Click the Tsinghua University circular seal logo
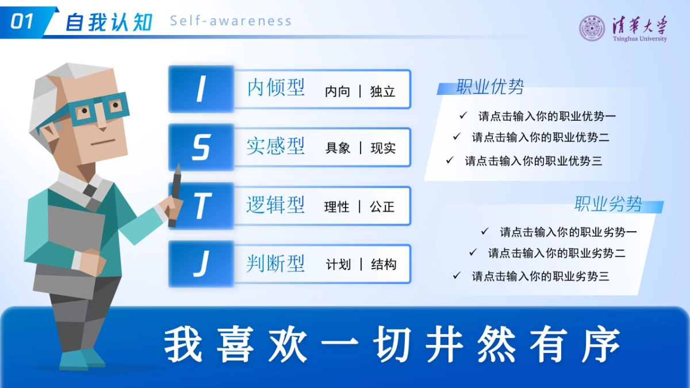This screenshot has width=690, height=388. pyautogui.click(x=592, y=28)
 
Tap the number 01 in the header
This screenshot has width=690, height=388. pyautogui.click(x=22, y=22)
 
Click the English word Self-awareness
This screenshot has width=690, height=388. pyautogui.click(x=231, y=21)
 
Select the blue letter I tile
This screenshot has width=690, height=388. pyautogui.click(x=201, y=89)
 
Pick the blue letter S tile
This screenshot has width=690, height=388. pyautogui.click(x=201, y=147)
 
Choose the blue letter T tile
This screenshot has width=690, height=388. pyautogui.click(x=201, y=206)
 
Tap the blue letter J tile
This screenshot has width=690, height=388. pyautogui.click(x=201, y=264)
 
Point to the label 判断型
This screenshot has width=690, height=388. pyautogui.click(x=275, y=264)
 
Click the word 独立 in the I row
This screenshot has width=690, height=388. pyautogui.click(x=383, y=91)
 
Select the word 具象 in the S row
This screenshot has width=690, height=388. pyautogui.click(x=338, y=148)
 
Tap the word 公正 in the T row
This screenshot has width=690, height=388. pyautogui.click(x=382, y=207)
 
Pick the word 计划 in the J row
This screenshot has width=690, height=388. pyautogui.click(x=338, y=265)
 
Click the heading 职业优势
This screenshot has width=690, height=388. pyautogui.click(x=490, y=87)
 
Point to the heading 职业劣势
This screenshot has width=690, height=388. pyautogui.click(x=608, y=204)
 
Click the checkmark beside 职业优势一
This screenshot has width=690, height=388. pyautogui.click(x=463, y=116)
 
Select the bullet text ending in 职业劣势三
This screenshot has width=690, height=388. pyautogui.click(x=540, y=276)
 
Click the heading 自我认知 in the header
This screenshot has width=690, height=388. pyautogui.click(x=109, y=22)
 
